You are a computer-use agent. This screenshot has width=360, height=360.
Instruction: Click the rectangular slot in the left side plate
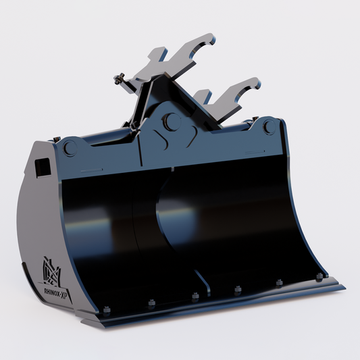pos(43,165)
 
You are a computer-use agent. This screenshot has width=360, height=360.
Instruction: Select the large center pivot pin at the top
pos(171,122)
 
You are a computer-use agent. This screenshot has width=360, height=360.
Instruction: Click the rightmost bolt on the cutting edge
pos(319,276)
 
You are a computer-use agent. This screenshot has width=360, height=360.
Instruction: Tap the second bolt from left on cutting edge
pos(151,303)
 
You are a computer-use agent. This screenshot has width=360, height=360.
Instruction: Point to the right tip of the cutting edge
pos(342,287)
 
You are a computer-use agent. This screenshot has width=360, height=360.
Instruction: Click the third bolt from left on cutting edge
pos(195,296)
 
